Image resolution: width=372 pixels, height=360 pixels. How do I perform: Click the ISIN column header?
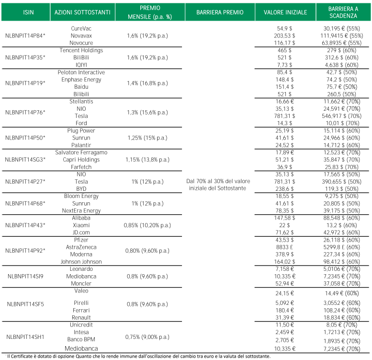coord(28,12)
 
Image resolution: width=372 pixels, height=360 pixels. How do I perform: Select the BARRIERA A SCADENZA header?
coord(343,12)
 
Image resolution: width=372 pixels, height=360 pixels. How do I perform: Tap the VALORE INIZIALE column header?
coord(285,12)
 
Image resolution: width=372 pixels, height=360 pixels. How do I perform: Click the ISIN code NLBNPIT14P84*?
coord(25,36)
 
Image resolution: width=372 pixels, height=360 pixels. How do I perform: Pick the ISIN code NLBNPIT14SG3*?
coord(25,160)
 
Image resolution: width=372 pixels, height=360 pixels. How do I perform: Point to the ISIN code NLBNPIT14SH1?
coord(25,337)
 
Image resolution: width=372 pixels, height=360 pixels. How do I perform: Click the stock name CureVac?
coord(81,28)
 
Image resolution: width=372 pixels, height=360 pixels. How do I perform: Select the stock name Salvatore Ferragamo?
coord(81,152)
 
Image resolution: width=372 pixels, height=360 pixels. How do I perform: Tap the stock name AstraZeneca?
coord(81,247)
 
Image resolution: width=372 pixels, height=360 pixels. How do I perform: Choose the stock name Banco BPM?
coord(81,339)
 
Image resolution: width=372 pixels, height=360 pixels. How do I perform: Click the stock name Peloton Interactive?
coord(81,72)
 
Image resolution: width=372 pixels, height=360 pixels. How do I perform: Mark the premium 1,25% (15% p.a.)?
coord(147,138)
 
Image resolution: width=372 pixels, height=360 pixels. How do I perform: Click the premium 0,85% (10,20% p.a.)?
coord(147,225)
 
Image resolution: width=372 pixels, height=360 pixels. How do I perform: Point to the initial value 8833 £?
coord(284,247)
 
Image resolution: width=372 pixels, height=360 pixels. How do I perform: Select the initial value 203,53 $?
coord(284,36)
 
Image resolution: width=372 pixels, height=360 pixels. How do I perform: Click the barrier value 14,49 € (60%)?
coord(342,293)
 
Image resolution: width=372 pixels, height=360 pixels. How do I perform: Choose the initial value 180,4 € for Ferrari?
coord(284,310)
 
